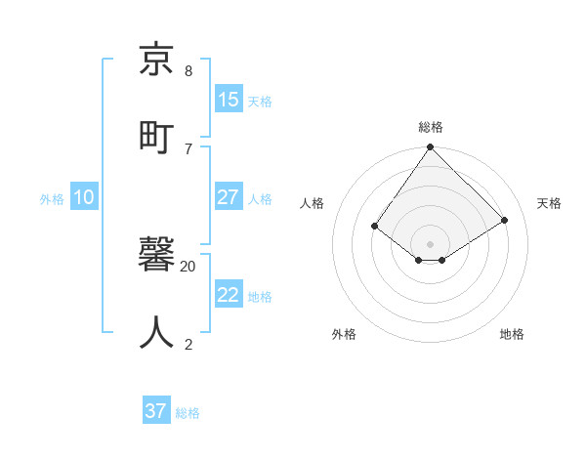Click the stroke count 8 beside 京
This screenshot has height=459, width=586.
pyautogui.click(x=188, y=70)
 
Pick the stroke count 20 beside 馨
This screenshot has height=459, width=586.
pyautogui.click(x=188, y=266)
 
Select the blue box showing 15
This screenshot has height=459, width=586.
pyautogui.click(x=229, y=100)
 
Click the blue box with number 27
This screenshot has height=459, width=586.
pyautogui.click(x=229, y=197)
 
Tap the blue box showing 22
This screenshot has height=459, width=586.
pyautogui.click(x=229, y=295)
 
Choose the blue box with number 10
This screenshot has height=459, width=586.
pyautogui.click(x=84, y=197)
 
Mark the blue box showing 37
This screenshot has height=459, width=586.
pyautogui.click(x=156, y=411)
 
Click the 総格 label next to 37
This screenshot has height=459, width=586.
pyautogui.click(x=188, y=413)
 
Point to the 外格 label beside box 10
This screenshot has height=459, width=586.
pyautogui.click(x=52, y=199)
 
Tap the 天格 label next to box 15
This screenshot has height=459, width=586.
pyautogui.click(x=260, y=102)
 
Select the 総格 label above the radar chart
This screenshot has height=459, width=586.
pyautogui.click(x=430, y=127)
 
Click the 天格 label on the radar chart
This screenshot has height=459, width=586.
pyautogui.click(x=549, y=203)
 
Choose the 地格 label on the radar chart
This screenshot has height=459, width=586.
pyautogui.click(x=512, y=334)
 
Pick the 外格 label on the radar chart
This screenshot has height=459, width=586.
pyautogui.click(x=344, y=334)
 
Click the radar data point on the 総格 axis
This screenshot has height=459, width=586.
pyautogui.click(x=430, y=147)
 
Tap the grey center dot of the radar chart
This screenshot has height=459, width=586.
pyautogui.click(x=430, y=243)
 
